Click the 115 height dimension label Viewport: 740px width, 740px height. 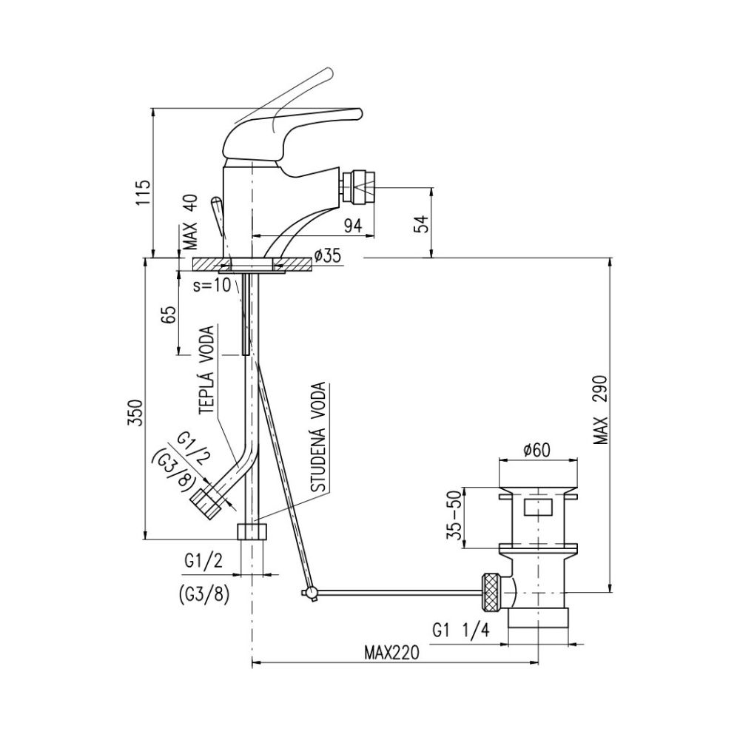click(x=144, y=192)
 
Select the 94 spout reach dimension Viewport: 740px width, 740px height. click(x=352, y=226)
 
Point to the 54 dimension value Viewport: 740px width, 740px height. click(x=420, y=223)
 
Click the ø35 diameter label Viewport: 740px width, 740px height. click(x=326, y=256)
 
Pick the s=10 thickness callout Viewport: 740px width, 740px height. click(x=212, y=285)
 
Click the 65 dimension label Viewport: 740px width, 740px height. click(x=169, y=314)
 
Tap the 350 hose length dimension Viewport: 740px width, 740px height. click(x=135, y=413)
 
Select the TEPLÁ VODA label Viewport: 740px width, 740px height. click(x=206, y=371)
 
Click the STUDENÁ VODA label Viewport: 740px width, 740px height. click(x=320, y=437)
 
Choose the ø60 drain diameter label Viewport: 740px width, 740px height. click(x=536, y=450)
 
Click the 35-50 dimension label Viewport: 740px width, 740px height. click(x=455, y=517)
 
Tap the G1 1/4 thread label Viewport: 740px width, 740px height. click(x=461, y=630)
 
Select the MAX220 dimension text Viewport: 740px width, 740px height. click(x=391, y=653)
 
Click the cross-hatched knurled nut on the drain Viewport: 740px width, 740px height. click(x=491, y=590)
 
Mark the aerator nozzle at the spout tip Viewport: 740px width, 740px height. click(x=360, y=187)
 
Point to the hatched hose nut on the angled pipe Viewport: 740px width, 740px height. click(x=206, y=502)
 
